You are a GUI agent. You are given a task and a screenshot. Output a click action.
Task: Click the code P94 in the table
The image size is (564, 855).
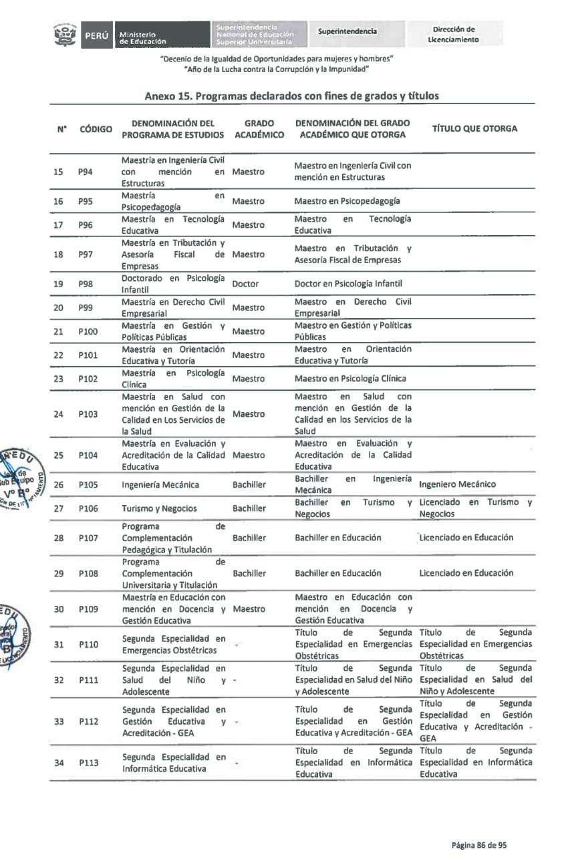tap(85, 172)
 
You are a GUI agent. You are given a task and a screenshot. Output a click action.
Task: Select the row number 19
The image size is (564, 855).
tap(58, 284)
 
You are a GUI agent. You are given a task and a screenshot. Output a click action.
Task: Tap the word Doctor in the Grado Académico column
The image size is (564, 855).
tap(245, 284)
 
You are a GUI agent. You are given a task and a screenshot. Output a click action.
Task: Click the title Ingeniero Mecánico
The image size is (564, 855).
tap(458, 484)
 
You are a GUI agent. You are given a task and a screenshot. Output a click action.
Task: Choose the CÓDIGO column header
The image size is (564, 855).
tap(96, 129)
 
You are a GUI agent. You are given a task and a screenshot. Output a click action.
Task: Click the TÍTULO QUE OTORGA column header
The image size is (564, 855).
tap(474, 129)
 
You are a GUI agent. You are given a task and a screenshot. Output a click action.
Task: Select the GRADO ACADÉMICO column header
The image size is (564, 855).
tap(259, 129)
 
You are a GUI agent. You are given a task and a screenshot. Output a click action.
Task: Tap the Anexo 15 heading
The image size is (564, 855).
tap(292, 96)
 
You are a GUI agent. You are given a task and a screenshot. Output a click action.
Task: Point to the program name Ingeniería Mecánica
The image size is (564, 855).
tap(160, 485)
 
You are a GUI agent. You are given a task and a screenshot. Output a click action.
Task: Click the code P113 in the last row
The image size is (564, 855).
tap(88, 763)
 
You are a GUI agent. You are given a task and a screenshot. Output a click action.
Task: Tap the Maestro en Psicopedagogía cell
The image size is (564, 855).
tap(347, 201)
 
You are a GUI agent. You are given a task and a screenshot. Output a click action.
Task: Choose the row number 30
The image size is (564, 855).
tap(58, 609)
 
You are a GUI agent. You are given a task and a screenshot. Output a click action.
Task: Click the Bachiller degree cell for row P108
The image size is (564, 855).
tap(249, 573)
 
